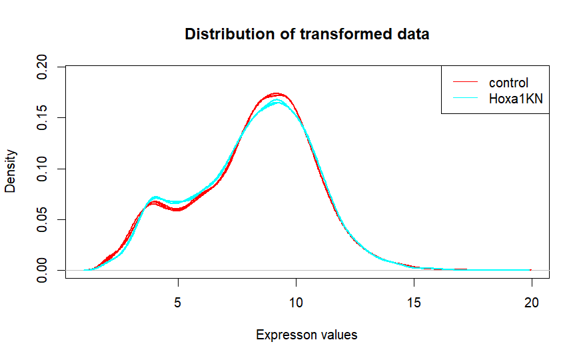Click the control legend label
pos(508,83)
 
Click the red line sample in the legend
pos(465,83)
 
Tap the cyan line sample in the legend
pos(465,99)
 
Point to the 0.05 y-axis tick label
pos(43,219)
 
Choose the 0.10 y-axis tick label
pos(43,169)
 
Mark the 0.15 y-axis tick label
pos(43,118)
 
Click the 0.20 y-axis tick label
pos(43,67)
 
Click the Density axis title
pos(11,169)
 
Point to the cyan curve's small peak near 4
pos(155,197)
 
